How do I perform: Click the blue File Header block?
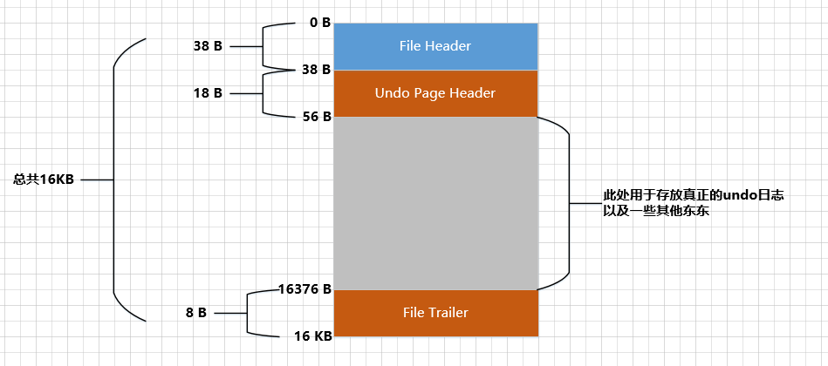(x=435, y=46)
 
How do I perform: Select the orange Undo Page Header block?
(x=435, y=93)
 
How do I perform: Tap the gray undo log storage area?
(x=435, y=202)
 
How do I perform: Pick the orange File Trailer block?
(x=435, y=313)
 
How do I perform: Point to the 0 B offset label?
(x=319, y=23)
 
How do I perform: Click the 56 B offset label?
(x=315, y=116)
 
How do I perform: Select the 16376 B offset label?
(x=305, y=288)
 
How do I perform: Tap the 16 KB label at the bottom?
(x=311, y=335)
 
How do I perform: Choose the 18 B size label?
(x=208, y=92)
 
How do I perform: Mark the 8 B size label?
(x=195, y=312)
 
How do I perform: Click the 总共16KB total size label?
(x=44, y=180)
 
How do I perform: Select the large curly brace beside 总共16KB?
(x=116, y=180)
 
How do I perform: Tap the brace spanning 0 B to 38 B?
(x=263, y=46)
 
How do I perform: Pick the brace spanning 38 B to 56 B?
(x=263, y=92)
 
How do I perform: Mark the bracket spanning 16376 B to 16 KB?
(x=249, y=312)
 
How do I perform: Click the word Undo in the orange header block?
(x=391, y=93)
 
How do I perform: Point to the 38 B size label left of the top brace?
(x=208, y=46)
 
